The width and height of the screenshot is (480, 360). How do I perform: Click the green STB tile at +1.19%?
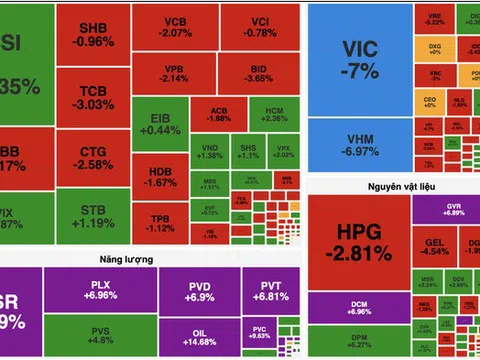(95, 217)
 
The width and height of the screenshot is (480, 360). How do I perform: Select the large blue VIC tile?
(354, 61)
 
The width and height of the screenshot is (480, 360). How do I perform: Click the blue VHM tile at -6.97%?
(354, 146)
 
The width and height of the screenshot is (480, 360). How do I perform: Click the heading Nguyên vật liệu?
(394, 185)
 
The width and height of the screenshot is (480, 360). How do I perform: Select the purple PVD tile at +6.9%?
(200, 292)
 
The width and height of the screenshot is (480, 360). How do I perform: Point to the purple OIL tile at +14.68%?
(200, 338)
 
